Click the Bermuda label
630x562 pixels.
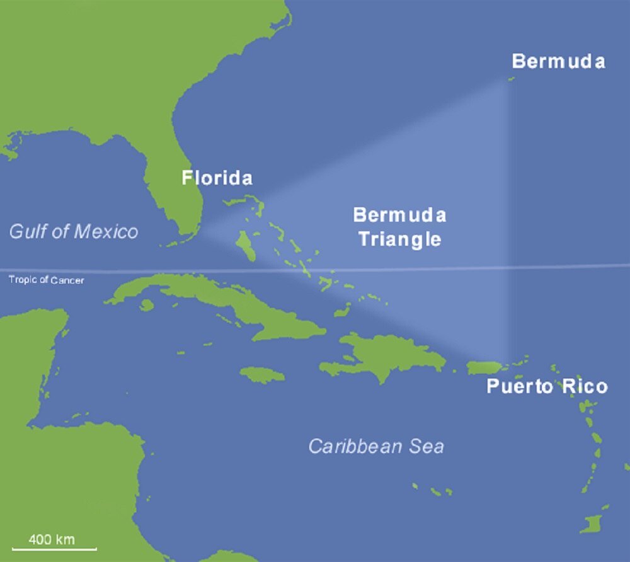(x=558, y=61)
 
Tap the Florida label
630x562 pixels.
(x=217, y=178)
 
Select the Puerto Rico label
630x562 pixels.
(x=547, y=386)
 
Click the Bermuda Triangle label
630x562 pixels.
(x=399, y=227)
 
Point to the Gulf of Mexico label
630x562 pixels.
(x=73, y=231)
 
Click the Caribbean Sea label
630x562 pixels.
(x=376, y=447)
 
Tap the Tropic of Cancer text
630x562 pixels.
(x=46, y=280)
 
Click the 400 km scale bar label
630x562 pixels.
(x=52, y=539)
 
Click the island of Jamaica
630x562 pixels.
(x=262, y=375)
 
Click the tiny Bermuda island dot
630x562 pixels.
(x=511, y=79)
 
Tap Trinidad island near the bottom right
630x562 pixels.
(x=592, y=522)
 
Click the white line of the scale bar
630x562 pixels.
(x=54, y=550)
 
